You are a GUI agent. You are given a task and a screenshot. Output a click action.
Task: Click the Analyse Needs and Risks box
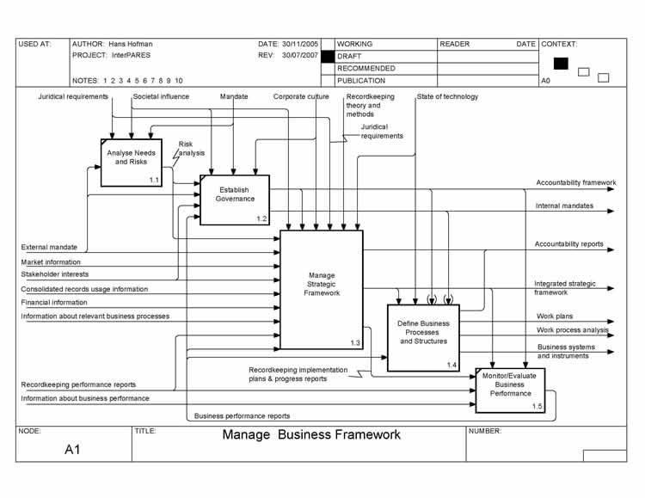(132, 162)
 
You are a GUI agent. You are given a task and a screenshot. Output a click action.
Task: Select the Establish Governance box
(235, 200)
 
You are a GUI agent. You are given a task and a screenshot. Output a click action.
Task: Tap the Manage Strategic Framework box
(322, 289)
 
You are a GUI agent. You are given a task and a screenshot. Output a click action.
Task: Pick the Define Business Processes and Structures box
(423, 337)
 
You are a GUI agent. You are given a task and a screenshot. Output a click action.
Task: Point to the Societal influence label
(161, 96)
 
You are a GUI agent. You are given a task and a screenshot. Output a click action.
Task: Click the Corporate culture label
(301, 96)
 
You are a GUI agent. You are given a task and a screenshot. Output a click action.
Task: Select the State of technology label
(447, 96)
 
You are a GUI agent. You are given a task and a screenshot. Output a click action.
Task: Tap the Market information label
(51, 261)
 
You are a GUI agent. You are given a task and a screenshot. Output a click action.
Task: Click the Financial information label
(54, 303)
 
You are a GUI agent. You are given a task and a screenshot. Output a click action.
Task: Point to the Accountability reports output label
(568, 244)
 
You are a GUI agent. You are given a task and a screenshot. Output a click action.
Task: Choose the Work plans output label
(555, 317)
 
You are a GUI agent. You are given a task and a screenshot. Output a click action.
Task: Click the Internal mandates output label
(564, 206)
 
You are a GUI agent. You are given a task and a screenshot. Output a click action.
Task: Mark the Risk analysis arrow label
(192, 149)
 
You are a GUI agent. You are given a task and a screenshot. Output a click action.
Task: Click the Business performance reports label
(242, 415)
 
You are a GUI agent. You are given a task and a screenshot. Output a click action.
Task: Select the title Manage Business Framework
(311, 434)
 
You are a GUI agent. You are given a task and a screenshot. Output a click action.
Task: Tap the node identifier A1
(73, 449)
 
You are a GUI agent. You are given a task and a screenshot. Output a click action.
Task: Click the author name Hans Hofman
(131, 44)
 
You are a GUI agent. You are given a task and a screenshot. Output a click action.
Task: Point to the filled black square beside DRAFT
(328, 56)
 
